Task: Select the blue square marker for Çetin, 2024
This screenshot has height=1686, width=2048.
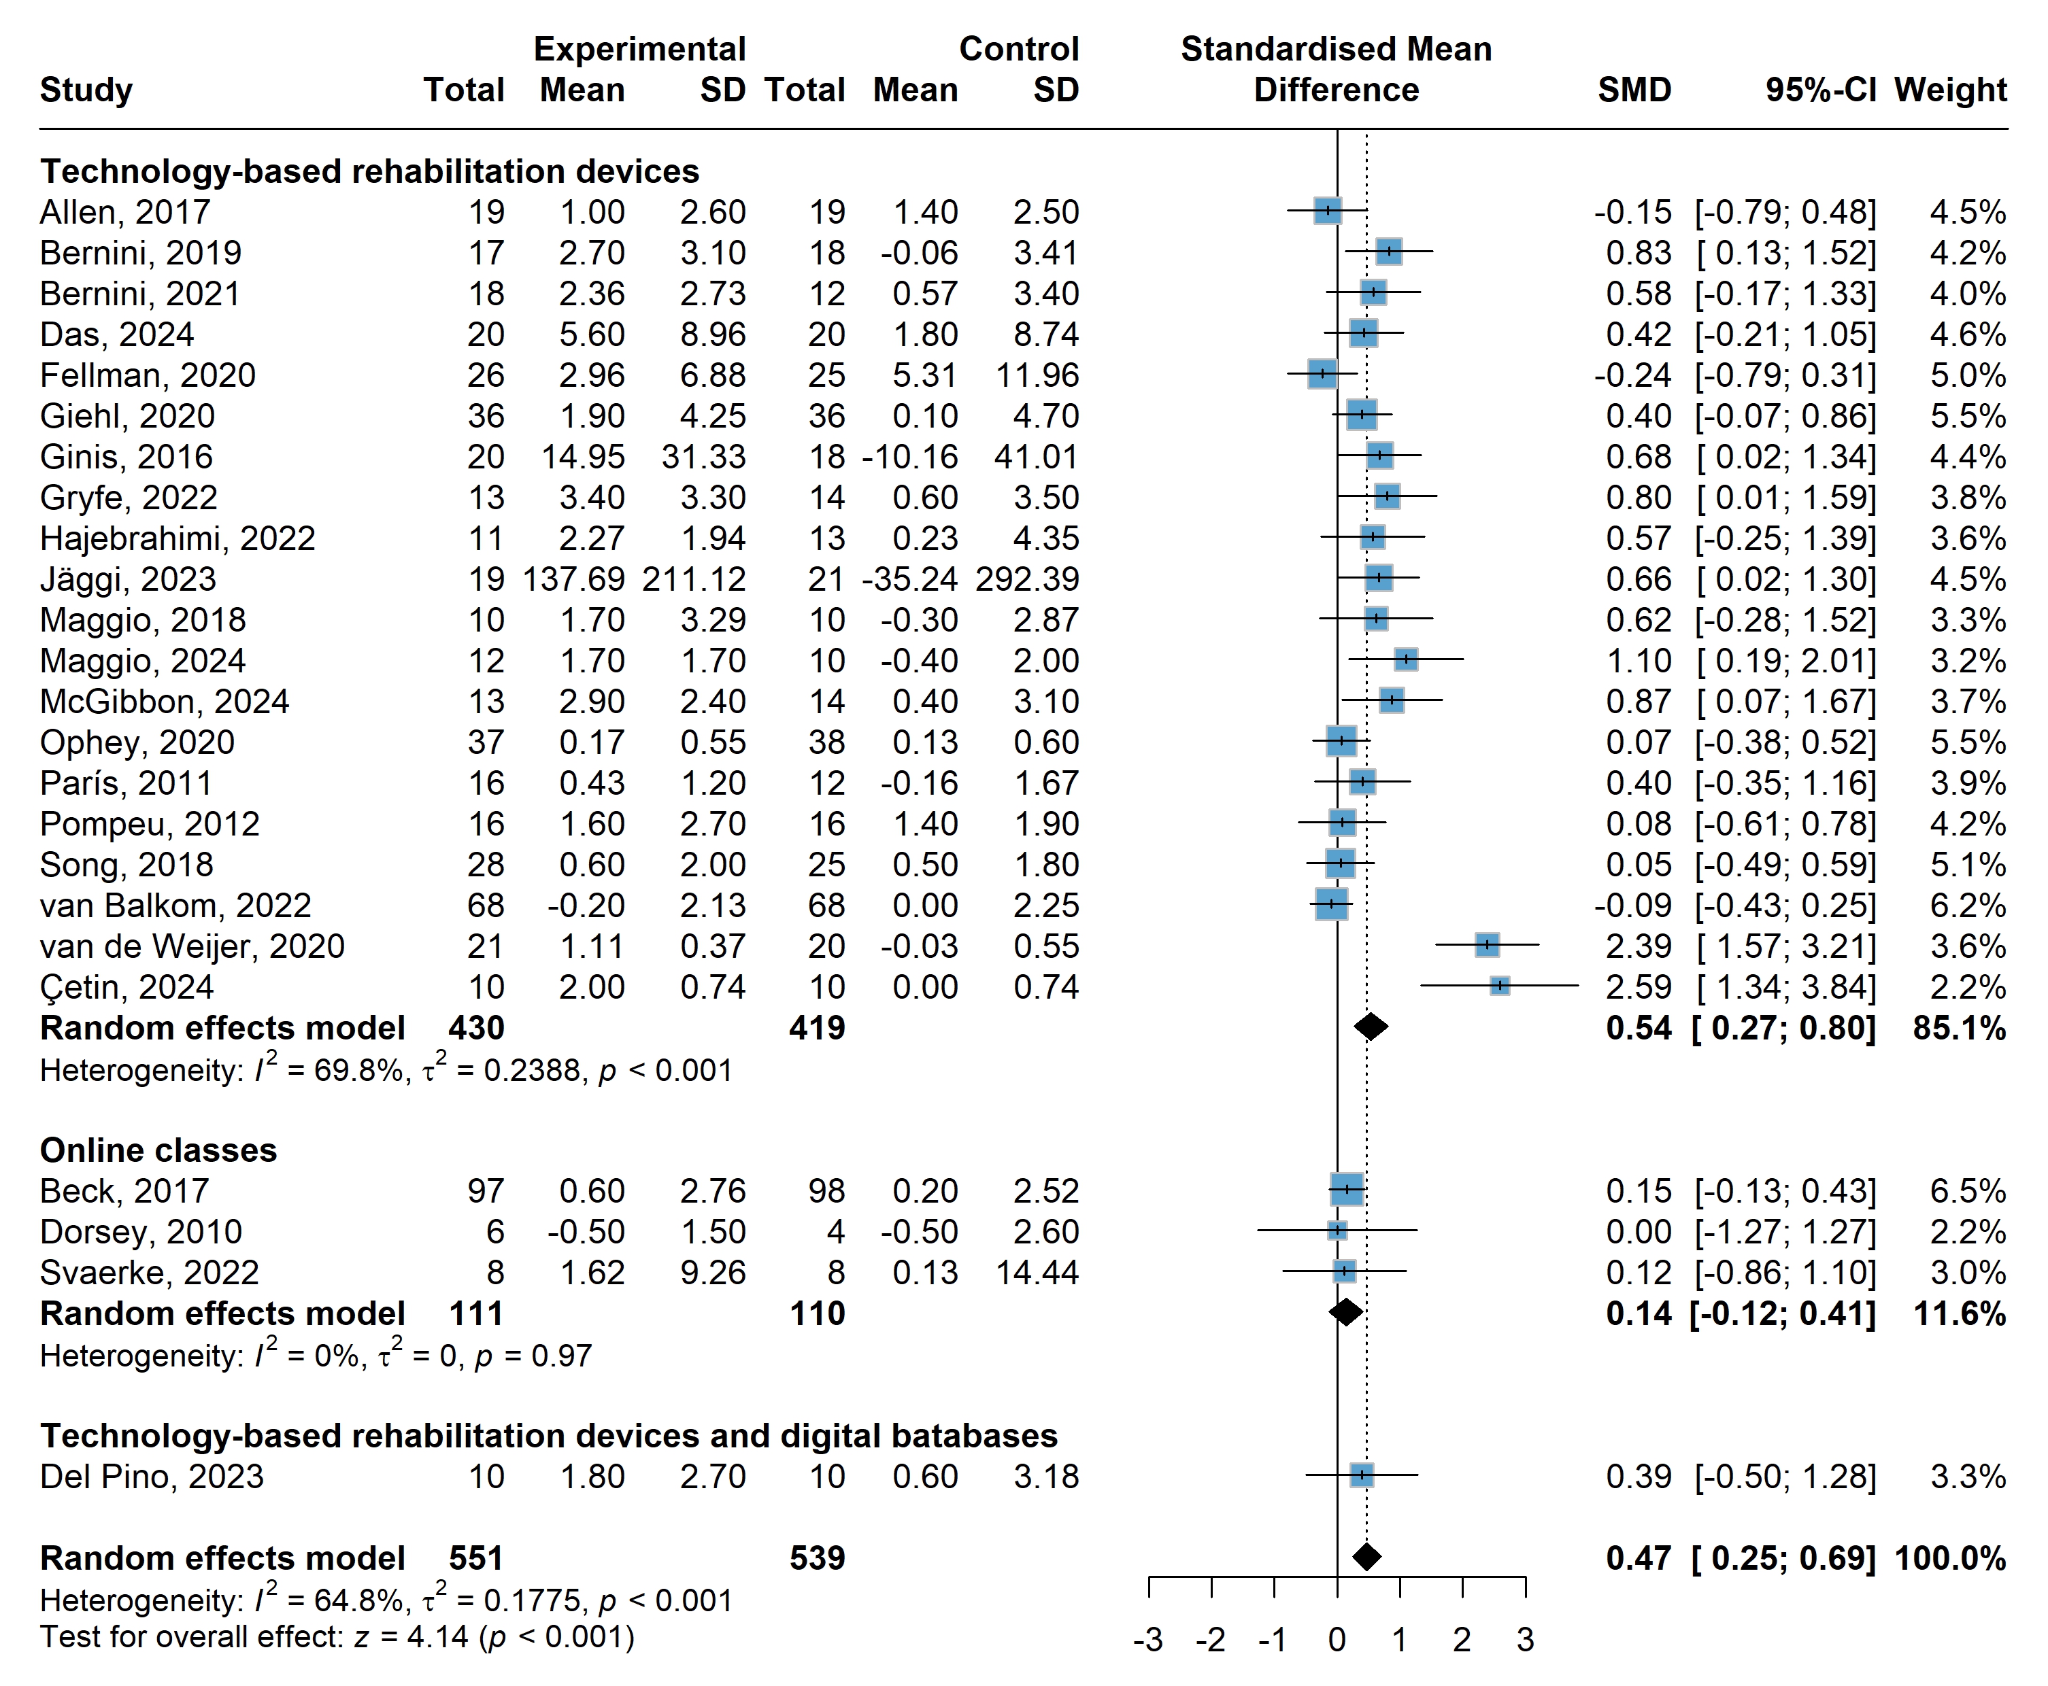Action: tap(1499, 986)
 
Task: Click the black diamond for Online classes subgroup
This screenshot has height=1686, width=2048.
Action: tap(1345, 1312)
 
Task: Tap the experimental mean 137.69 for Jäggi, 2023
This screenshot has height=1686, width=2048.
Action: tap(573, 579)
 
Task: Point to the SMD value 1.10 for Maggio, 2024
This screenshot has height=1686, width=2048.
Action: tap(1639, 660)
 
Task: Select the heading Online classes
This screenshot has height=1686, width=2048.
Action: tap(158, 1150)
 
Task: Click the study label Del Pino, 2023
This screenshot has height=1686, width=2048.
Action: tap(152, 1476)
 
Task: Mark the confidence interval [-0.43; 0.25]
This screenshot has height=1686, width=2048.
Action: tap(1785, 905)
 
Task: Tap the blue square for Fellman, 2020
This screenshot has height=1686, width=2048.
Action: tap(1322, 374)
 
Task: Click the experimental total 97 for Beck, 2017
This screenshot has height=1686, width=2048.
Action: tap(485, 1190)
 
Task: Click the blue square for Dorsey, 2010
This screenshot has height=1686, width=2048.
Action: tap(1337, 1231)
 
